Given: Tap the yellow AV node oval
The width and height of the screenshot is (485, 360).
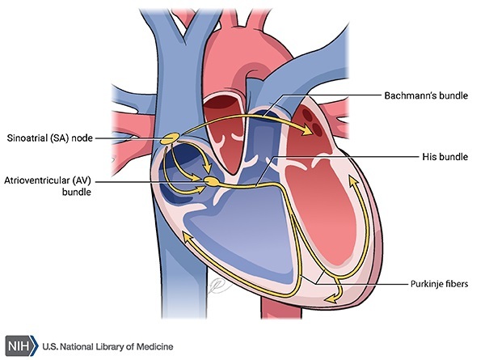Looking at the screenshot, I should [212, 182].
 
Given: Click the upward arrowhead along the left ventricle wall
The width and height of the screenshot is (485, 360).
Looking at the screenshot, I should [352, 188].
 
